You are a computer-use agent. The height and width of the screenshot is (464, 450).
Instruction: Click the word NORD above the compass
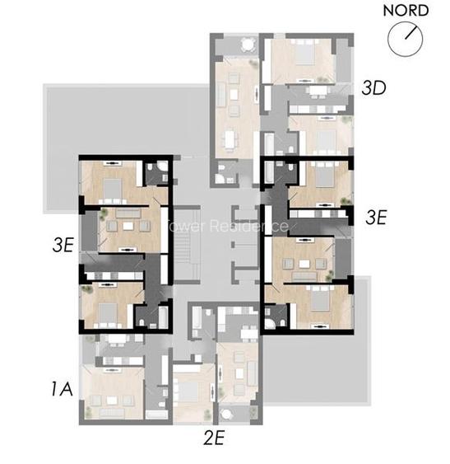pyautogui.click(x=406, y=11)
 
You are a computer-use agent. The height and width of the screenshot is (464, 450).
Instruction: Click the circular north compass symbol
pyautogui.click(x=406, y=39)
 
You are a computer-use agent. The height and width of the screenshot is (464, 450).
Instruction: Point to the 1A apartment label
pyautogui.click(x=62, y=388)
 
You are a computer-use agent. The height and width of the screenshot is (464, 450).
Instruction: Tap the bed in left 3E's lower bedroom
pyautogui.click(x=105, y=310)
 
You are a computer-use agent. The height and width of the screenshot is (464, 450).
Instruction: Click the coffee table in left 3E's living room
pyautogui.click(x=128, y=223)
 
